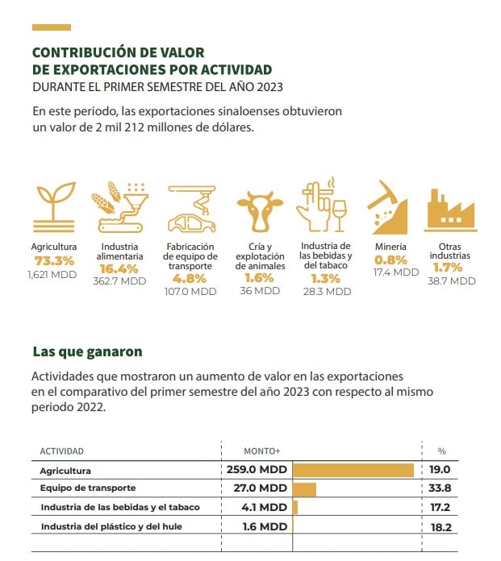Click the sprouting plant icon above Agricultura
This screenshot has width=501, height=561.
pos(54,207)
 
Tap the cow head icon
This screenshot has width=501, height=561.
pos(260,211)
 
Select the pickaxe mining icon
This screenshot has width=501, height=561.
pos(387,207)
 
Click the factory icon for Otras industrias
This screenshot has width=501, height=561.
pos(450,210)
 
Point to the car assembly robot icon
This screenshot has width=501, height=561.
pos(192,209)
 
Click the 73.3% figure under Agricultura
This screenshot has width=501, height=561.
pos(54,261)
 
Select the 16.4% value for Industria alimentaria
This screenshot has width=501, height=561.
pos(119,268)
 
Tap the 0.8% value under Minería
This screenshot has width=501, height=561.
pos(390,260)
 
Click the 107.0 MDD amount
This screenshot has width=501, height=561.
pos(190,292)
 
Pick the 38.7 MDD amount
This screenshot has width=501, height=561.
pos(452,281)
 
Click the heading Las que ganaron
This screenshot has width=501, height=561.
pos(87,351)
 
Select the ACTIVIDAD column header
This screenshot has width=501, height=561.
pos(61,451)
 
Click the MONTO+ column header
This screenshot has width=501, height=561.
pos(262,451)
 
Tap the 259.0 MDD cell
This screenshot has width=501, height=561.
pos(257,469)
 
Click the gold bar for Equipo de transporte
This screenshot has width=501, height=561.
pos(304,489)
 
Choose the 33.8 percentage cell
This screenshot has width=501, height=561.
pos(440,488)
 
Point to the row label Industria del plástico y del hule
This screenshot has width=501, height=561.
pos(111,526)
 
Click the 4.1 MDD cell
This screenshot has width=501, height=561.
pos(265,507)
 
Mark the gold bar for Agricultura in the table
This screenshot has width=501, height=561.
pos(353,470)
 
